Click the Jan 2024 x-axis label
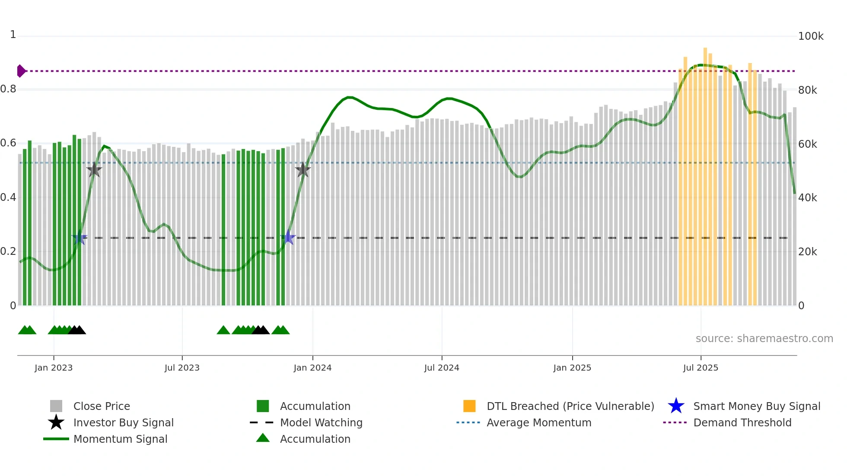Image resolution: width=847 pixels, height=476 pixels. point(312,368)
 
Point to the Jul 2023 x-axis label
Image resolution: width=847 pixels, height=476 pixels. point(182,368)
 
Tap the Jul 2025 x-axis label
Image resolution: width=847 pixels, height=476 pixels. point(701,368)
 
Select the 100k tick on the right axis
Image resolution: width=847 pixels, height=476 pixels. point(811,36)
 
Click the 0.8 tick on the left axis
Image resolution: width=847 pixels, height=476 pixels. point(9,89)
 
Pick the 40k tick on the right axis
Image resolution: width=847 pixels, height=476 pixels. point(807,198)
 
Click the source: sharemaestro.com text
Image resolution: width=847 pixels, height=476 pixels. point(764,338)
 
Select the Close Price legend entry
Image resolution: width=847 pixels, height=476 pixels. point(102,406)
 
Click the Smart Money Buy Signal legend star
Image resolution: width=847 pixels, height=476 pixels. point(676,406)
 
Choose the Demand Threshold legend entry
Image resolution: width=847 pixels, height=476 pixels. point(742,422)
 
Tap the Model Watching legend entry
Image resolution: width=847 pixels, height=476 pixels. point(321,422)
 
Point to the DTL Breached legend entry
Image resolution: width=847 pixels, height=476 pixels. point(570,406)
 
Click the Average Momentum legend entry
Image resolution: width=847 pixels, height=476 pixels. point(539,422)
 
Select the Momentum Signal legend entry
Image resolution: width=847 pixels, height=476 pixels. point(120,439)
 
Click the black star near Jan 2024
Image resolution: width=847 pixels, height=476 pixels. point(303,170)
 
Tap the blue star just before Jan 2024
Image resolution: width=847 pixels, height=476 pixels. point(288,238)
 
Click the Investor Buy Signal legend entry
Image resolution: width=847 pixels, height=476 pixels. point(123,422)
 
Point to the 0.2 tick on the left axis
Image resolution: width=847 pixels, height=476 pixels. point(9,251)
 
